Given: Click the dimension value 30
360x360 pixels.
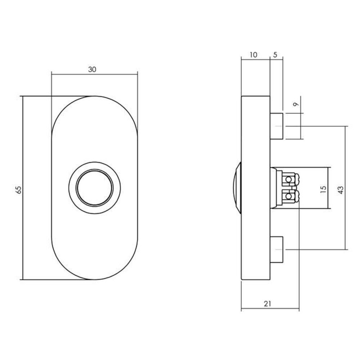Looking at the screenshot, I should click(x=93, y=70).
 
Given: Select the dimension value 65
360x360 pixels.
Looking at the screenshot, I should click(x=19, y=190).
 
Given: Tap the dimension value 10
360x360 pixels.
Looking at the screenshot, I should click(x=253, y=55).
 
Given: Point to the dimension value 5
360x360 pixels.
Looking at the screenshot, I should click(x=275, y=55).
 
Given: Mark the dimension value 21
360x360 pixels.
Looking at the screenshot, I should click(x=267, y=304).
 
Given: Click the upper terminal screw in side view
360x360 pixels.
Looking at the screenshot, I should click(x=289, y=179).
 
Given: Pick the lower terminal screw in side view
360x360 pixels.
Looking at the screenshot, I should click(x=289, y=196).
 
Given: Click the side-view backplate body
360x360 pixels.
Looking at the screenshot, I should click(x=255, y=223).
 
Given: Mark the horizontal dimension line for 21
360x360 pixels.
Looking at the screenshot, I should click(x=252, y=309).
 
